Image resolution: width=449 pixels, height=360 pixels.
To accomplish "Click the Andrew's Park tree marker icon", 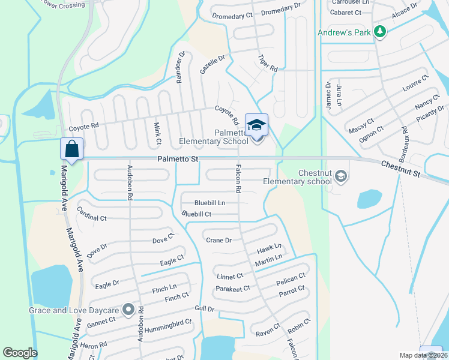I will [x=379, y=32].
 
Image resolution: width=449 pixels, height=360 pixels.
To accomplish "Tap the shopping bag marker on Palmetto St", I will [x=71, y=149].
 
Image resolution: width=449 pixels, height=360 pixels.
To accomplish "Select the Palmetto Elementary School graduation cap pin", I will [x=257, y=125].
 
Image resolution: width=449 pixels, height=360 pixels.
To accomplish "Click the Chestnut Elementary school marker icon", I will [x=341, y=176].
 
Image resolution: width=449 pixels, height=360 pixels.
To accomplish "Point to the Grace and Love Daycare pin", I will [x=128, y=310].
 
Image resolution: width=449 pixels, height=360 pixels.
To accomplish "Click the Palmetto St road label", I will [x=178, y=160].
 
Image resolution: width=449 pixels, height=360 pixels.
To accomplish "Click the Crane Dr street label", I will [x=218, y=240].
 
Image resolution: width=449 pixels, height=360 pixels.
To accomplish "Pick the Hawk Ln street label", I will [x=269, y=248].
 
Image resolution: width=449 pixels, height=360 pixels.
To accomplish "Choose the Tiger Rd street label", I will [x=268, y=61].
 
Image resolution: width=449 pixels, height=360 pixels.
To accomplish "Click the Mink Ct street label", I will [x=157, y=133].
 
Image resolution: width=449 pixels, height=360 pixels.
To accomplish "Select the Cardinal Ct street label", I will [x=91, y=214].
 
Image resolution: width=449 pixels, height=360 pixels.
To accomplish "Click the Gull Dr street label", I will [x=205, y=308].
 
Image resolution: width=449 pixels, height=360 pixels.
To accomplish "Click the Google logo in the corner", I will [x=20, y=353].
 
